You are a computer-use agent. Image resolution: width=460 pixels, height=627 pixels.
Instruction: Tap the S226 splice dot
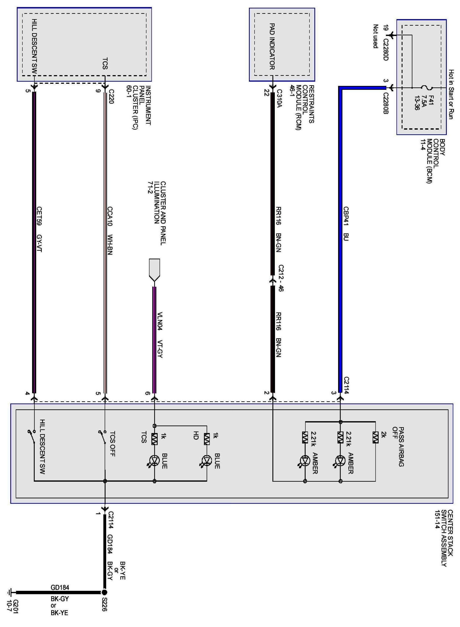pyautogui.click(x=105, y=592)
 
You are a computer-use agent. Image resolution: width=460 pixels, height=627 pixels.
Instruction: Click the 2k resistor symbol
pyautogui.click(x=375, y=437)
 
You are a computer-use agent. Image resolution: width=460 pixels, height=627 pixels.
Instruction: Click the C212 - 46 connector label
pyautogui.click(x=281, y=278)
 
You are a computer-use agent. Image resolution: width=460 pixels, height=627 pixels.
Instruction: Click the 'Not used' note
pyautogui.click(x=376, y=36)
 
